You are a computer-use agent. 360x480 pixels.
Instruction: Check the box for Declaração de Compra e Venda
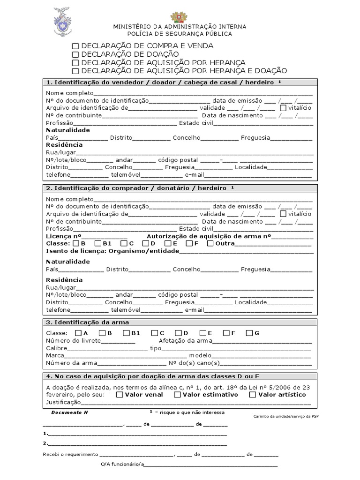click(75, 46)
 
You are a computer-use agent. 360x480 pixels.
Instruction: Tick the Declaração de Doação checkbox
click(75, 54)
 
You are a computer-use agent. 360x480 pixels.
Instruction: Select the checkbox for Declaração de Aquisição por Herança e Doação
click(75, 71)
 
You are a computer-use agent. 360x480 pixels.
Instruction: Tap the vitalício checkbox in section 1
click(283, 108)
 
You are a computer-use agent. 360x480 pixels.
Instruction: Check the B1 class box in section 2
click(98, 243)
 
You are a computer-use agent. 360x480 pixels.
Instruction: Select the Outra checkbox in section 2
click(210, 243)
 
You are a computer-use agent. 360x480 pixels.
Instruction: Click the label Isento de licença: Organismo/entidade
click(112, 251)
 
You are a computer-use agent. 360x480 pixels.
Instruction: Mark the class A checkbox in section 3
click(78, 333)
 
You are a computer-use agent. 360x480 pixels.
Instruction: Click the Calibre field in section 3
click(108, 348)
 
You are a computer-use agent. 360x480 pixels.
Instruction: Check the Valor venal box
click(120, 395)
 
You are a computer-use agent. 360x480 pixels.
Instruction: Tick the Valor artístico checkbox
click(253, 395)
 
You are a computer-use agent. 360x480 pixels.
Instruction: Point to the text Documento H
click(69, 412)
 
